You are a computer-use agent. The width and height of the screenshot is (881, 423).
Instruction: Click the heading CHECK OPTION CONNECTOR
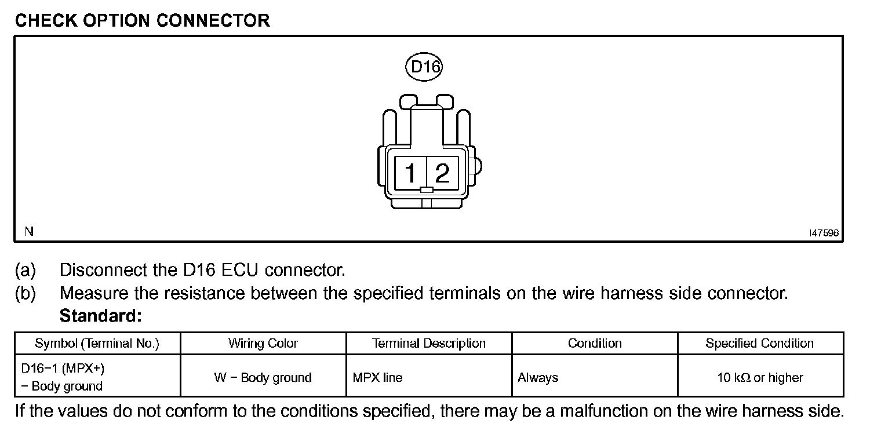142,21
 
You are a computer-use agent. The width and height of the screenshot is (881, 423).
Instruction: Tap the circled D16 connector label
424,67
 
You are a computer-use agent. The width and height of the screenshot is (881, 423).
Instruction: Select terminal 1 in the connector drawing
410,173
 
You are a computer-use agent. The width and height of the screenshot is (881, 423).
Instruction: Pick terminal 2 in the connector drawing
442,173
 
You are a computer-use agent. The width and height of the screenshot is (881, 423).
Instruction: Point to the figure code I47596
824,233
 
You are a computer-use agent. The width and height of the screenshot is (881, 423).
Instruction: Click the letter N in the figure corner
29,232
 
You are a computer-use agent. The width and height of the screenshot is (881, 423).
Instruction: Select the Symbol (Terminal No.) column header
97,343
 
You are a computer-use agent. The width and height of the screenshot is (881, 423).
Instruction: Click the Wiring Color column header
263,343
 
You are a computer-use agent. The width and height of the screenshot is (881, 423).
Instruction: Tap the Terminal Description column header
429,343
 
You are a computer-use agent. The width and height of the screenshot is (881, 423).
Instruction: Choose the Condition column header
595,343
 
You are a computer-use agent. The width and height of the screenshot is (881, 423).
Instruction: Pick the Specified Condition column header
760,343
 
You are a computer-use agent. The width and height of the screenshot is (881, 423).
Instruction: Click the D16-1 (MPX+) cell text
63,369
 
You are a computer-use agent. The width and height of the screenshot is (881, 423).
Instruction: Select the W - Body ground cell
263,378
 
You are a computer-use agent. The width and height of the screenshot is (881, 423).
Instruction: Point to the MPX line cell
377,378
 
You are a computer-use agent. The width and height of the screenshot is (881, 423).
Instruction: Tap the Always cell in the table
538,378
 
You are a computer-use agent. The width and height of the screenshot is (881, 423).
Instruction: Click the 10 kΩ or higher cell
760,378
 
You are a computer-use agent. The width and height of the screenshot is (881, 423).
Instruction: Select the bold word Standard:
101,316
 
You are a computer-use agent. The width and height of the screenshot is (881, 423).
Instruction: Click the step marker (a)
25,270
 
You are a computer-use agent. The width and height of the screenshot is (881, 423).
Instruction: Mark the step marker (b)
25,293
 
